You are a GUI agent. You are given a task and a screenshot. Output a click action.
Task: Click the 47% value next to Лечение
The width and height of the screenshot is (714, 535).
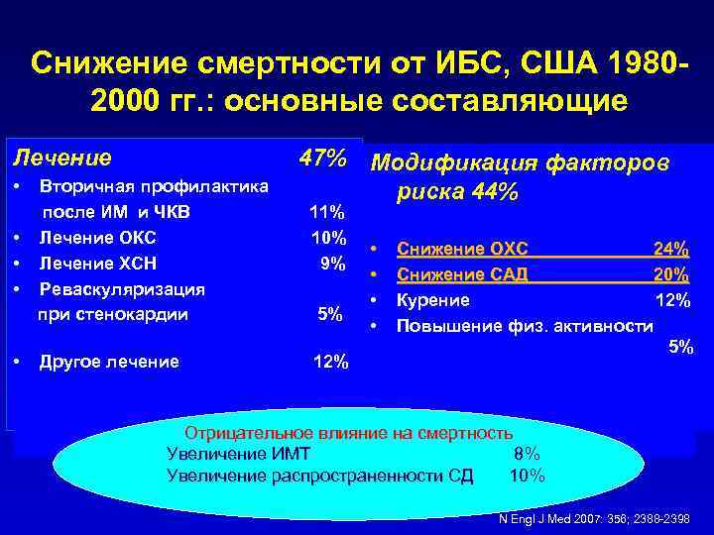(322, 158)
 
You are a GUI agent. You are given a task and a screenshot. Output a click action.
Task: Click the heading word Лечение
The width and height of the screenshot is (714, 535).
(60, 158)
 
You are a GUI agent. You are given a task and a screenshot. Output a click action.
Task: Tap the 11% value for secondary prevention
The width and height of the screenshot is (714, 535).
(326, 212)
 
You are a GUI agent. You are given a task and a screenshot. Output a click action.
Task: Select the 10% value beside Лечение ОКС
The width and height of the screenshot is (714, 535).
(326, 238)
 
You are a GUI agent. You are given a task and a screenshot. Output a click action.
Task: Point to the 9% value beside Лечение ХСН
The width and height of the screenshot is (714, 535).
(331, 264)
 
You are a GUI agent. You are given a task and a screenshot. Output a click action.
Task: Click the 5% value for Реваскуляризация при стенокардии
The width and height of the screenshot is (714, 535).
(329, 315)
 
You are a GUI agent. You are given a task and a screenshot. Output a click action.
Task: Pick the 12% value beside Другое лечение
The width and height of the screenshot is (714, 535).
(330, 363)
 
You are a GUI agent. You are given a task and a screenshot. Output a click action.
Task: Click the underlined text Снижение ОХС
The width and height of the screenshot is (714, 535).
(462, 248)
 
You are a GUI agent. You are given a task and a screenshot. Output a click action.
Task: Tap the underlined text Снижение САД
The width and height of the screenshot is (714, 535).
(462, 273)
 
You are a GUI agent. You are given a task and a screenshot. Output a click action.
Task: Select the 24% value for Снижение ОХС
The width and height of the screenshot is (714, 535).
(670, 248)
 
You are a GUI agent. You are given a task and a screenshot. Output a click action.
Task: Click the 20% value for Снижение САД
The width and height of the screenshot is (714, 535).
(671, 273)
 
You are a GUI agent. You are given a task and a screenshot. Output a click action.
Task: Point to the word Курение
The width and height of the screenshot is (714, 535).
(433, 299)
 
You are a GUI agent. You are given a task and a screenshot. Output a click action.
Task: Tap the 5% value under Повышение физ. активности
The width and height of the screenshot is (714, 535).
(680, 347)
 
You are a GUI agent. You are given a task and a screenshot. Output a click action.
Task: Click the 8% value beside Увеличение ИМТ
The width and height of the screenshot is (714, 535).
(526, 454)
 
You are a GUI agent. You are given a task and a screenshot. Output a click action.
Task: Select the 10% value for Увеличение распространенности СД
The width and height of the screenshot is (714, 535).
(527, 476)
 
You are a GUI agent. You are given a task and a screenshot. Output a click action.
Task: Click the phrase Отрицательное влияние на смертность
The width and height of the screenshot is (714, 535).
(350, 433)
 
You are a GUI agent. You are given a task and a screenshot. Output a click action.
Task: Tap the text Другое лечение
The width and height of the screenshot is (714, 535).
(109, 362)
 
